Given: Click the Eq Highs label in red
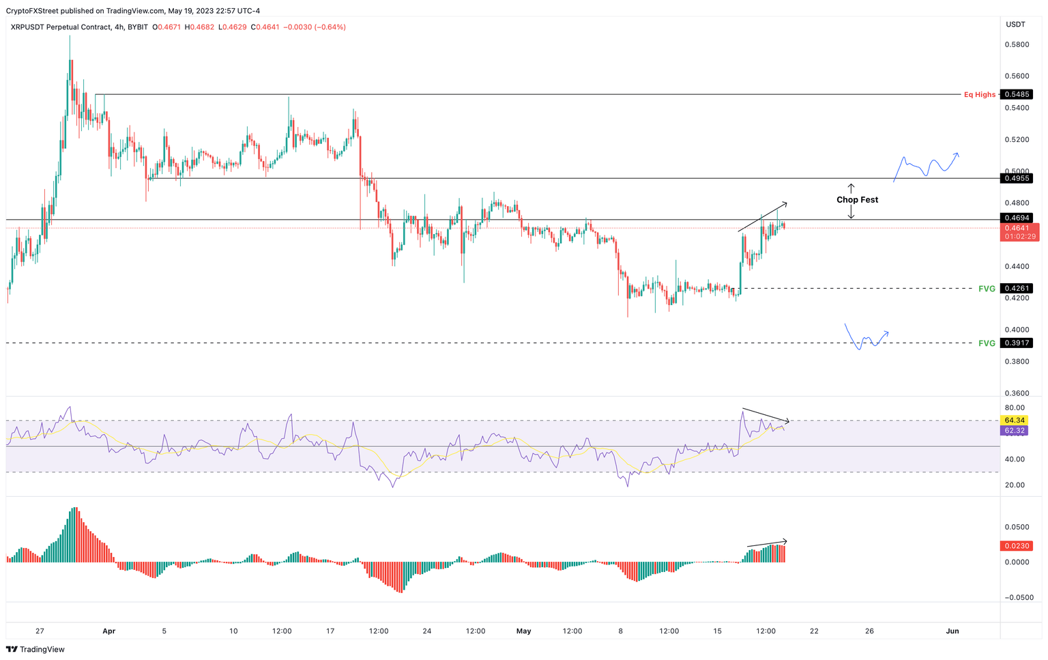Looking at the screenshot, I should (x=979, y=95).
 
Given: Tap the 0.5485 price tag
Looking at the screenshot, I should (x=1017, y=95).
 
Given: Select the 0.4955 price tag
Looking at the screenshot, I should (x=1017, y=178).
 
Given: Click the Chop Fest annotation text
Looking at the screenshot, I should (x=857, y=200).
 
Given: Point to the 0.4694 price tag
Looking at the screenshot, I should (x=1017, y=218).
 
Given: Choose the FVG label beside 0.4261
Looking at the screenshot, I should (x=987, y=289).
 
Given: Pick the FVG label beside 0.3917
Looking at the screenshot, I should (x=987, y=343).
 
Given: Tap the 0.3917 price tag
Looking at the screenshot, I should (x=1017, y=343).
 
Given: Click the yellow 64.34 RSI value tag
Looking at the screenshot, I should (x=1015, y=420).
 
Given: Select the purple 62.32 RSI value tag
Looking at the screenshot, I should (x=1015, y=431).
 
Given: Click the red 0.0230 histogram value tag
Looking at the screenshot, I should (x=1016, y=546).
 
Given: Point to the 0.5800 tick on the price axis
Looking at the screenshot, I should (x=1017, y=45).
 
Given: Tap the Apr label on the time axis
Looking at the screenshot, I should (x=109, y=631).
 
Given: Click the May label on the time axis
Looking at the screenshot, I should (x=523, y=631).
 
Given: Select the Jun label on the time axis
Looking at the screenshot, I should (x=952, y=631).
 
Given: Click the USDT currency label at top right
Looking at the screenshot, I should (x=1015, y=25).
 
